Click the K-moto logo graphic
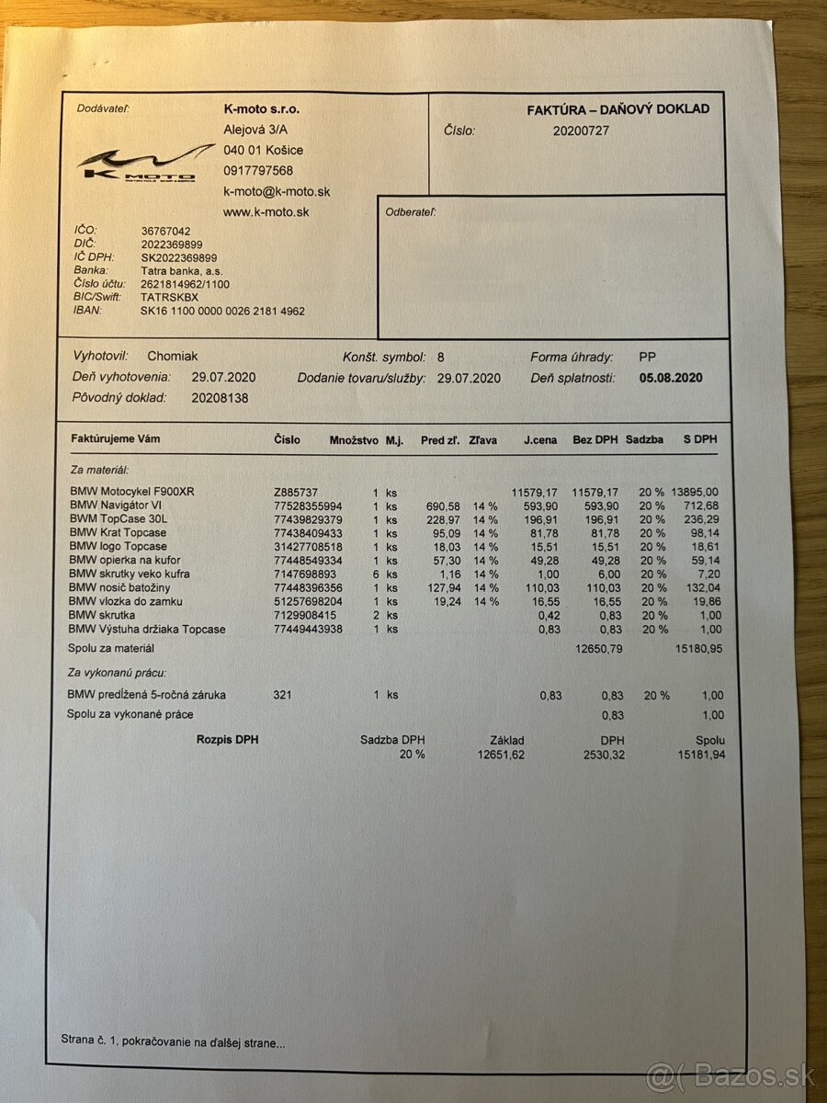136,164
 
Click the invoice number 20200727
580,131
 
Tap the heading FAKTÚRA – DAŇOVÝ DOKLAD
617,109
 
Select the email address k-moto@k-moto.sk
277,191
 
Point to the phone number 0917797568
258,171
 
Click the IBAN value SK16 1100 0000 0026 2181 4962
222,312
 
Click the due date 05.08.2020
671,378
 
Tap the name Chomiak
173,357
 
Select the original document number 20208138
220,399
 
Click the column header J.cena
540,440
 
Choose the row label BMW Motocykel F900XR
132,492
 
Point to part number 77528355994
308,506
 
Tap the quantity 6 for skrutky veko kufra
376,574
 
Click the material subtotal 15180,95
697,649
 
